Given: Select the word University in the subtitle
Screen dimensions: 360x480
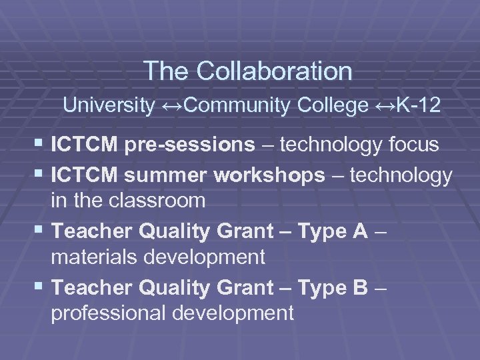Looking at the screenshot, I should pos(109,105).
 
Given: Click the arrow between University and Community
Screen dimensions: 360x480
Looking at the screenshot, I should pos(173,105).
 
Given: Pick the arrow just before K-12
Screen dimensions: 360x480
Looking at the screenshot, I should pos(385,105).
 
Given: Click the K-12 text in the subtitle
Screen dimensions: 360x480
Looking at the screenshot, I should pos(417,105).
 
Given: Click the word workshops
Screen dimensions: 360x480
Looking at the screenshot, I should pos(270,175).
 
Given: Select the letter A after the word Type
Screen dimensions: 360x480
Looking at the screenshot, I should pos(360,231).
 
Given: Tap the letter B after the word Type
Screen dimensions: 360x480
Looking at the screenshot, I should pos(360,288).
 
